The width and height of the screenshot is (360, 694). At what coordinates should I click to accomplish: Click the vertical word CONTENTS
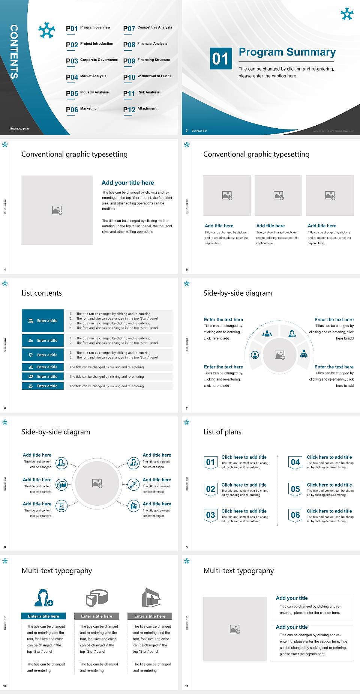(x=14, y=52)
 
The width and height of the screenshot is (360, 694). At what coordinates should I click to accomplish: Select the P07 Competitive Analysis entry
(x=147, y=28)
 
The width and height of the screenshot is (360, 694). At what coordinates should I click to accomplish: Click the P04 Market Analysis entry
(x=86, y=77)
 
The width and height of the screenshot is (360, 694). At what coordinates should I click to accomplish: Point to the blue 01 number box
(x=220, y=59)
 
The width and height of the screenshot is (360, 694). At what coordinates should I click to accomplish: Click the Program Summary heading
(x=287, y=52)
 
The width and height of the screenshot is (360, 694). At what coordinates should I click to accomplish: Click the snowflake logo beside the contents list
(x=46, y=30)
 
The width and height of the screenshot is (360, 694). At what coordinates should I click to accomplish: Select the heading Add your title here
(x=127, y=183)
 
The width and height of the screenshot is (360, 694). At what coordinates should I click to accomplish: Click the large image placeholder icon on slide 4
(x=57, y=210)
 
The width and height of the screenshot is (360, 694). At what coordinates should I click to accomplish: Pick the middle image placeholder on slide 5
(x=278, y=195)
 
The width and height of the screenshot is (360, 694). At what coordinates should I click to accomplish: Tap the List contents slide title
(x=42, y=293)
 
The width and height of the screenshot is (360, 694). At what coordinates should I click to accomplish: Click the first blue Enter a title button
(x=43, y=321)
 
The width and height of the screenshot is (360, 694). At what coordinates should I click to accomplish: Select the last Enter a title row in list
(x=43, y=386)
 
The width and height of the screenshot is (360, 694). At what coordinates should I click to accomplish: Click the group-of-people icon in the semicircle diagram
(x=267, y=333)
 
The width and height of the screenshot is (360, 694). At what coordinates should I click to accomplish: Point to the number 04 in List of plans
(x=295, y=462)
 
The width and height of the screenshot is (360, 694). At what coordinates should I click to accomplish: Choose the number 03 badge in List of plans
(x=210, y=515)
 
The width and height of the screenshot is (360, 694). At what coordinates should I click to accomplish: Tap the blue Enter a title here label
(x=43, y=616)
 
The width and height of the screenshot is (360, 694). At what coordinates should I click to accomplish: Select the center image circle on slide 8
(x=97, y=484)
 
